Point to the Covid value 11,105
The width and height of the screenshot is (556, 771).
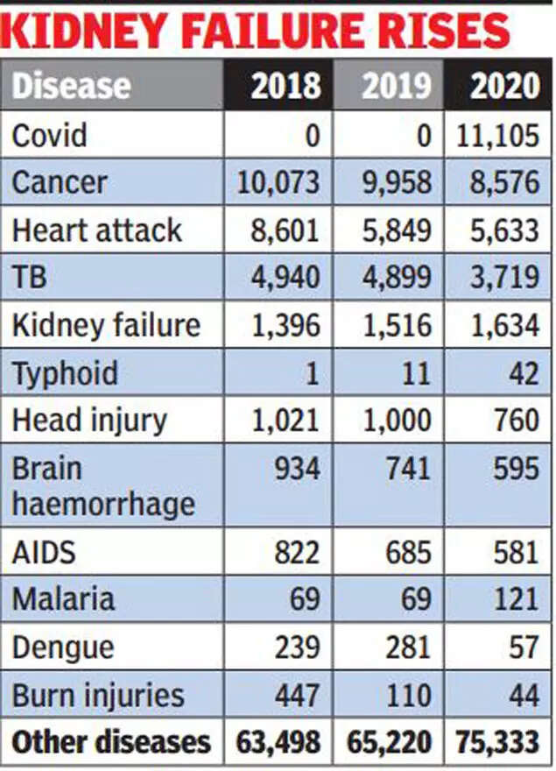pos(497,136)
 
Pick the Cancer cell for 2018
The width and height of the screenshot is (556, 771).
pos(279,183)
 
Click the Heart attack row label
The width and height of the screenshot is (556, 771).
pos(96,230)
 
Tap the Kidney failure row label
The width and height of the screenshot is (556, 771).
pos(106,325)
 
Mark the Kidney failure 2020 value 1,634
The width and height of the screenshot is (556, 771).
pos(503,325)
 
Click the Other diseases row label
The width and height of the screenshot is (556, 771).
pos(111,742)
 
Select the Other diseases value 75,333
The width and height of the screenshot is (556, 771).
pos(497,742)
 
